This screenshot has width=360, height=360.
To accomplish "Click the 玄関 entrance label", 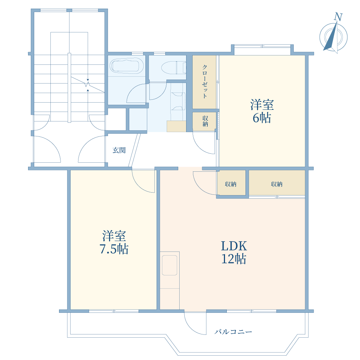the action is pyautogui.click(x=119, y=150).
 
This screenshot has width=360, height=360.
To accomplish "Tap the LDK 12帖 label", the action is pyautogui.click(x=234, y=252).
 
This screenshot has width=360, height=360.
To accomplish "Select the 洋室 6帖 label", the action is pyautogui.click(x=262, y=111).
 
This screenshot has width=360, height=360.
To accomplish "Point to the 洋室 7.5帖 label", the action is pyautogui.click(x=114, y=242).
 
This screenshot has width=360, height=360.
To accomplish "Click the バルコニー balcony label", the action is pyautogui.click(x=233, y=332).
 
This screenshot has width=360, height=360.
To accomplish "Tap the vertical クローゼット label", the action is pyautogui.click(x=204, y=81).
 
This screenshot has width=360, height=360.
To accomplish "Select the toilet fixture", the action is pyautogui.click(x=174, y=68).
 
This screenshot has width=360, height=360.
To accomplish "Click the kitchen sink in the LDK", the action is pyautogui.click(x=170, y=265).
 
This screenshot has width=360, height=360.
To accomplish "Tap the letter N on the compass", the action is pyautogui.click(x=338, y=17).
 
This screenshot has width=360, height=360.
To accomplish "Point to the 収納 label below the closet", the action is pyautogui.click(x=205, y=121).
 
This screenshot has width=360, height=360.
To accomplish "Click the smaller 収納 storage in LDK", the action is pyautogui.click(x=231, y=184).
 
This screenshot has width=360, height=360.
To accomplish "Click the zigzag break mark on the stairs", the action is pyautogui.click(x=87, y=84).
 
